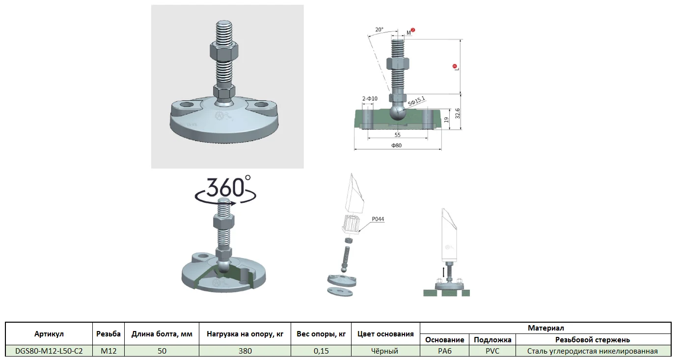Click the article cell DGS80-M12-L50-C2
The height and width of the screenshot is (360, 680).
pyautogui.click(x=49, y=351)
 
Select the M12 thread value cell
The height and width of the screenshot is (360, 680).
pyautogui.click(x=109, y=351)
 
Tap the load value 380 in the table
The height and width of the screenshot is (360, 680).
pyautogui.click(x=245, y=351)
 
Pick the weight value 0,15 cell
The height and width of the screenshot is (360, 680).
pyautogui.click(x=321, y=351)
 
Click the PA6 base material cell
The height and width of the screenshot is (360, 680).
pyautogui.click(x=445, y=351)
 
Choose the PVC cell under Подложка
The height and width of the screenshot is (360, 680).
pyautogui.click(x=492, y=351)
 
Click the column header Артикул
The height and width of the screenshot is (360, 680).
pyautogui.click(x=49, y=334)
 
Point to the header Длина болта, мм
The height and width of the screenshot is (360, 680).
pyautogui.click(x=162, y=334)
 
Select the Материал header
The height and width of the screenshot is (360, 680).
pyautogui.click(x=545, y=328)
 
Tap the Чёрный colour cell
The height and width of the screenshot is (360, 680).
pyautogui.click(x=384, y=351)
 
